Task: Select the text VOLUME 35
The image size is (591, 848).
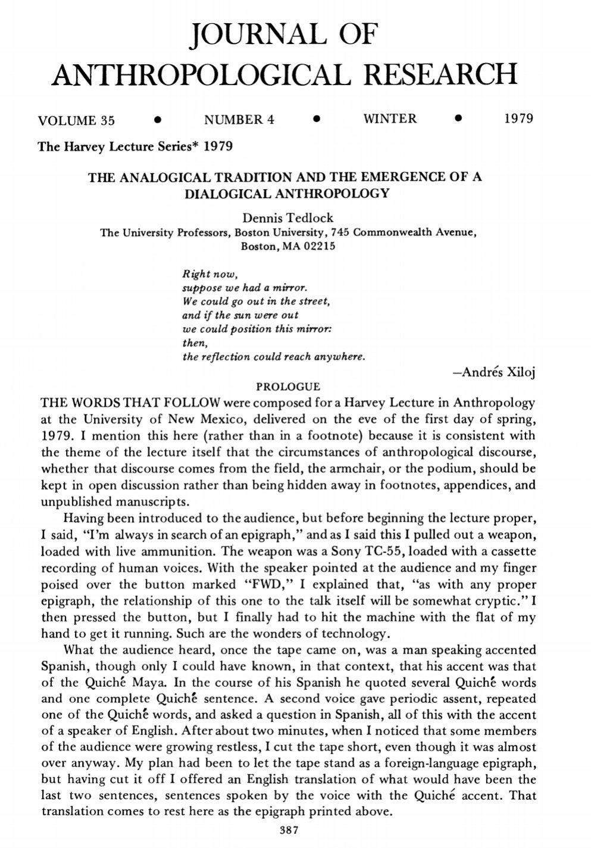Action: point(76,120)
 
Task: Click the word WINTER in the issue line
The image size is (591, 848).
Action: point(390,119)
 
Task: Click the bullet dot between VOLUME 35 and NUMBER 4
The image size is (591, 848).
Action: point(157,120)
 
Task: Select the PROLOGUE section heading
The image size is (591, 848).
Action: point(287,387)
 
